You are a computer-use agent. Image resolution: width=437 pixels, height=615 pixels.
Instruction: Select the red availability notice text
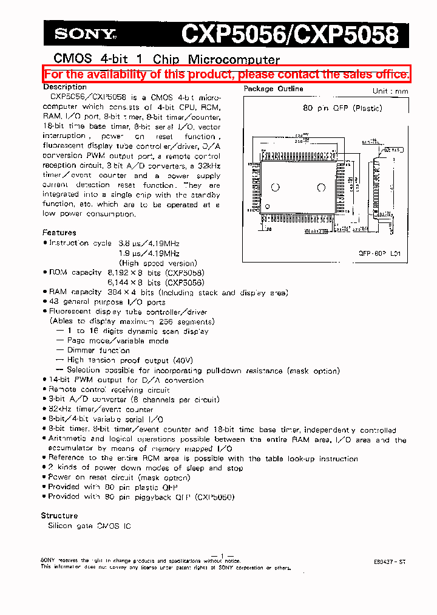pos(226,74)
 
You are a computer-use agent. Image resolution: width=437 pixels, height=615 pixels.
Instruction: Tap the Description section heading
pos(65,87)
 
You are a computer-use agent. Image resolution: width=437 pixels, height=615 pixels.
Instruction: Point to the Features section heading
pos(59,233)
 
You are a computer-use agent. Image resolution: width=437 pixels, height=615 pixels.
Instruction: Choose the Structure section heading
pos(59,515)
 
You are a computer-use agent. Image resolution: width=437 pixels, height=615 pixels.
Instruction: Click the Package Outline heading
pos(273,89)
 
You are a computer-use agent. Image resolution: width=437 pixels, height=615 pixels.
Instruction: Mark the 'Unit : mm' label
pos(390,91)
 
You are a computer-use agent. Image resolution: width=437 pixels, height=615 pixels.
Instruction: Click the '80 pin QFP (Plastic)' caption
pos(342,108)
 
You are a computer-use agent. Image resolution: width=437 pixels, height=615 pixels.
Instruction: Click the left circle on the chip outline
pos(275,187)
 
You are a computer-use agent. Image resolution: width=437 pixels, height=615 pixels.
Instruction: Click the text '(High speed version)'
pos(158,263)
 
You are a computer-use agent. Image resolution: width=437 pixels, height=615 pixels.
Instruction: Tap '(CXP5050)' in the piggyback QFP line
pos(215,496)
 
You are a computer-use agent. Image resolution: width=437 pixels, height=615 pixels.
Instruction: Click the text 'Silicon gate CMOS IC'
pos(89,526)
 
